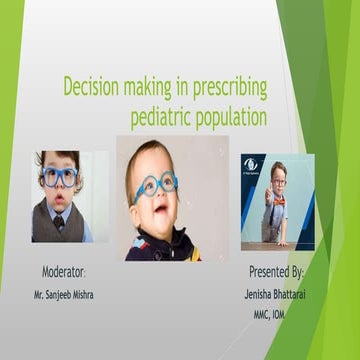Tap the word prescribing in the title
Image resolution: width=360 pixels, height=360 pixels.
[x=224, y=86]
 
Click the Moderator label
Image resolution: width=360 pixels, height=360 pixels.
[x=63, y=272]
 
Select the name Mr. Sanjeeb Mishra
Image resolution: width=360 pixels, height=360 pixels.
[x=66, y=296]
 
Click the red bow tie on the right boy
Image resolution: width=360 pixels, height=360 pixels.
[x=278, y=200]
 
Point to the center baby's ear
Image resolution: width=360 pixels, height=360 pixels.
[x=130, y=195]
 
